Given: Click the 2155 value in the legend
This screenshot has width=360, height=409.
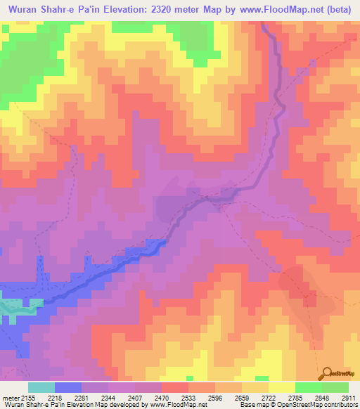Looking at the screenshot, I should [x=29, y=398].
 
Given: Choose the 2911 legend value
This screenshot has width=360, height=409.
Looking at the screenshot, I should [x=345, y=398].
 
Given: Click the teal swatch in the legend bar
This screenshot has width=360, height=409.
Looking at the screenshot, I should [x=41, y=387].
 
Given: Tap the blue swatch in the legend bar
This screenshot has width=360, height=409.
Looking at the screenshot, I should [x=68, y=387].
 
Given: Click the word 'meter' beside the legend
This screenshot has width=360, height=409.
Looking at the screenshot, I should [x=11, y=398].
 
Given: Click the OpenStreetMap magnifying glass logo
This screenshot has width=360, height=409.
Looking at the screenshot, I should [x=327, y=373].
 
